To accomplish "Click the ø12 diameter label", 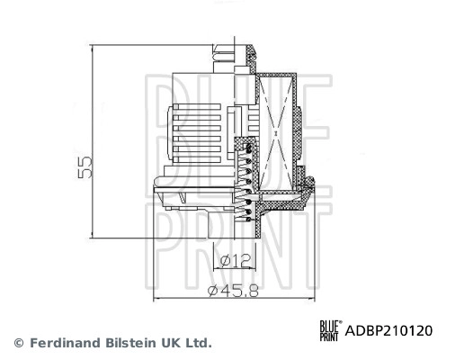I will click(x=234, y=261).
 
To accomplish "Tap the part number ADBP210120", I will click(x=389, y=330).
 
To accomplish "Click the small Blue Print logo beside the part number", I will click(x=331, y=330).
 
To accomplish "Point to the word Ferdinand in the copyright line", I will click(x=65, y=343).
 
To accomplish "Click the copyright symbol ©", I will click(x=18, y=343).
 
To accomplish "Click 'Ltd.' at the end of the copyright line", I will click(x=198, y=343).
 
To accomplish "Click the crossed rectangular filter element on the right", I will click(x=281, y=130).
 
